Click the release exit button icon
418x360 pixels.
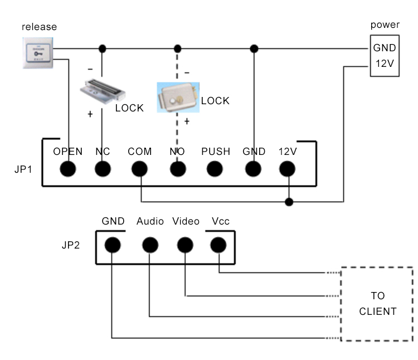pos(38,53)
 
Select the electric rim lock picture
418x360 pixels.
pos(177,99)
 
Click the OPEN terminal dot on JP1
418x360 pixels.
pos(68,168)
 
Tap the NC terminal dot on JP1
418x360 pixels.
pos(103,168)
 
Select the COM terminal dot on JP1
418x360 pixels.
pos(139,168)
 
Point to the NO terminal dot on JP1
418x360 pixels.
pos(177,168)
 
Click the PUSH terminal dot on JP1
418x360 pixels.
pos(215,168)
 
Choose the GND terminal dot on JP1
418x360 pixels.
pos(253,168)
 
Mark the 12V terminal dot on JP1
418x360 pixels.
pos(288,168)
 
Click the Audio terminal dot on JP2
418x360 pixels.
pos(149,244)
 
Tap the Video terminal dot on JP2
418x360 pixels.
pos(185,244)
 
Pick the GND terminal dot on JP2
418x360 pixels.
pos(113,244)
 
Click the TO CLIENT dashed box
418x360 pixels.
pos(377,304)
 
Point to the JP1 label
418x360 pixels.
pos(24,169)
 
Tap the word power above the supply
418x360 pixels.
pos(385,25)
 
